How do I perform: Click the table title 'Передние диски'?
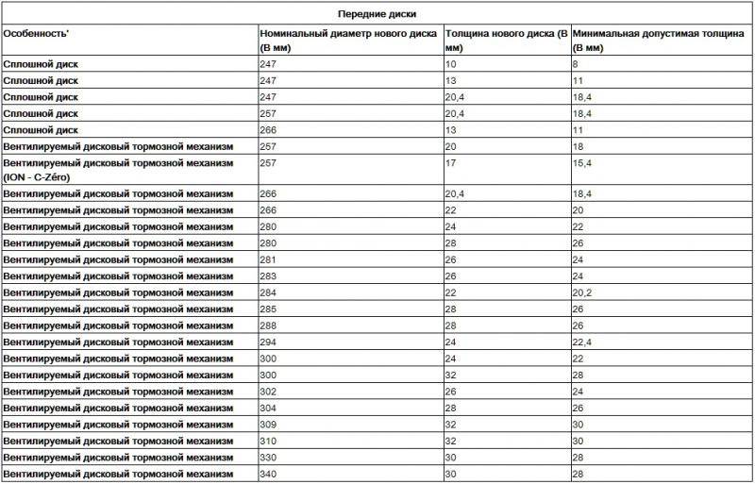pyautogui.click(x=377, y=14)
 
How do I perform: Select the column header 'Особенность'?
pyautogui.click(x=38, y=33)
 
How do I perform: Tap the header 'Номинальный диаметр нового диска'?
pyautogui.click(x=348, y=33)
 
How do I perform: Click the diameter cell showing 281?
pyautogui.click(x=268, y=259)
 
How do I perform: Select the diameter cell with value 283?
pyautogui.click(x=268, y=275)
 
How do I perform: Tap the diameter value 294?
pyautogui.click(x=268, y=342)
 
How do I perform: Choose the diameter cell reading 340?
pyautogui.click(x=268, y=474)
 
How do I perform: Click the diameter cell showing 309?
pyautogui.click(x=268, y=424)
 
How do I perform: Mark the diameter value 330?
pyautogui.click(x=268, y=457)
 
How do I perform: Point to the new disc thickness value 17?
pyautogui.click(x=450, y=163)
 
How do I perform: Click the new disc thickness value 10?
pyautogui.click(x=450, y=64)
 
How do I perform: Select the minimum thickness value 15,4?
pyautogui.click(x=581, y=163)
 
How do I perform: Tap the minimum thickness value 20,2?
pyautogui.click(x=581, y=292)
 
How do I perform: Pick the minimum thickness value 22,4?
pyautogui.click(x=581, y=342)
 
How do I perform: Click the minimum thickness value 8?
pyautogui.click(x=576, y=64)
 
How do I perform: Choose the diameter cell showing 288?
pyautogui.click(x=268, y=325)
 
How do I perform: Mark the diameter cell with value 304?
pyautogui.click(x=268, y=408)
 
